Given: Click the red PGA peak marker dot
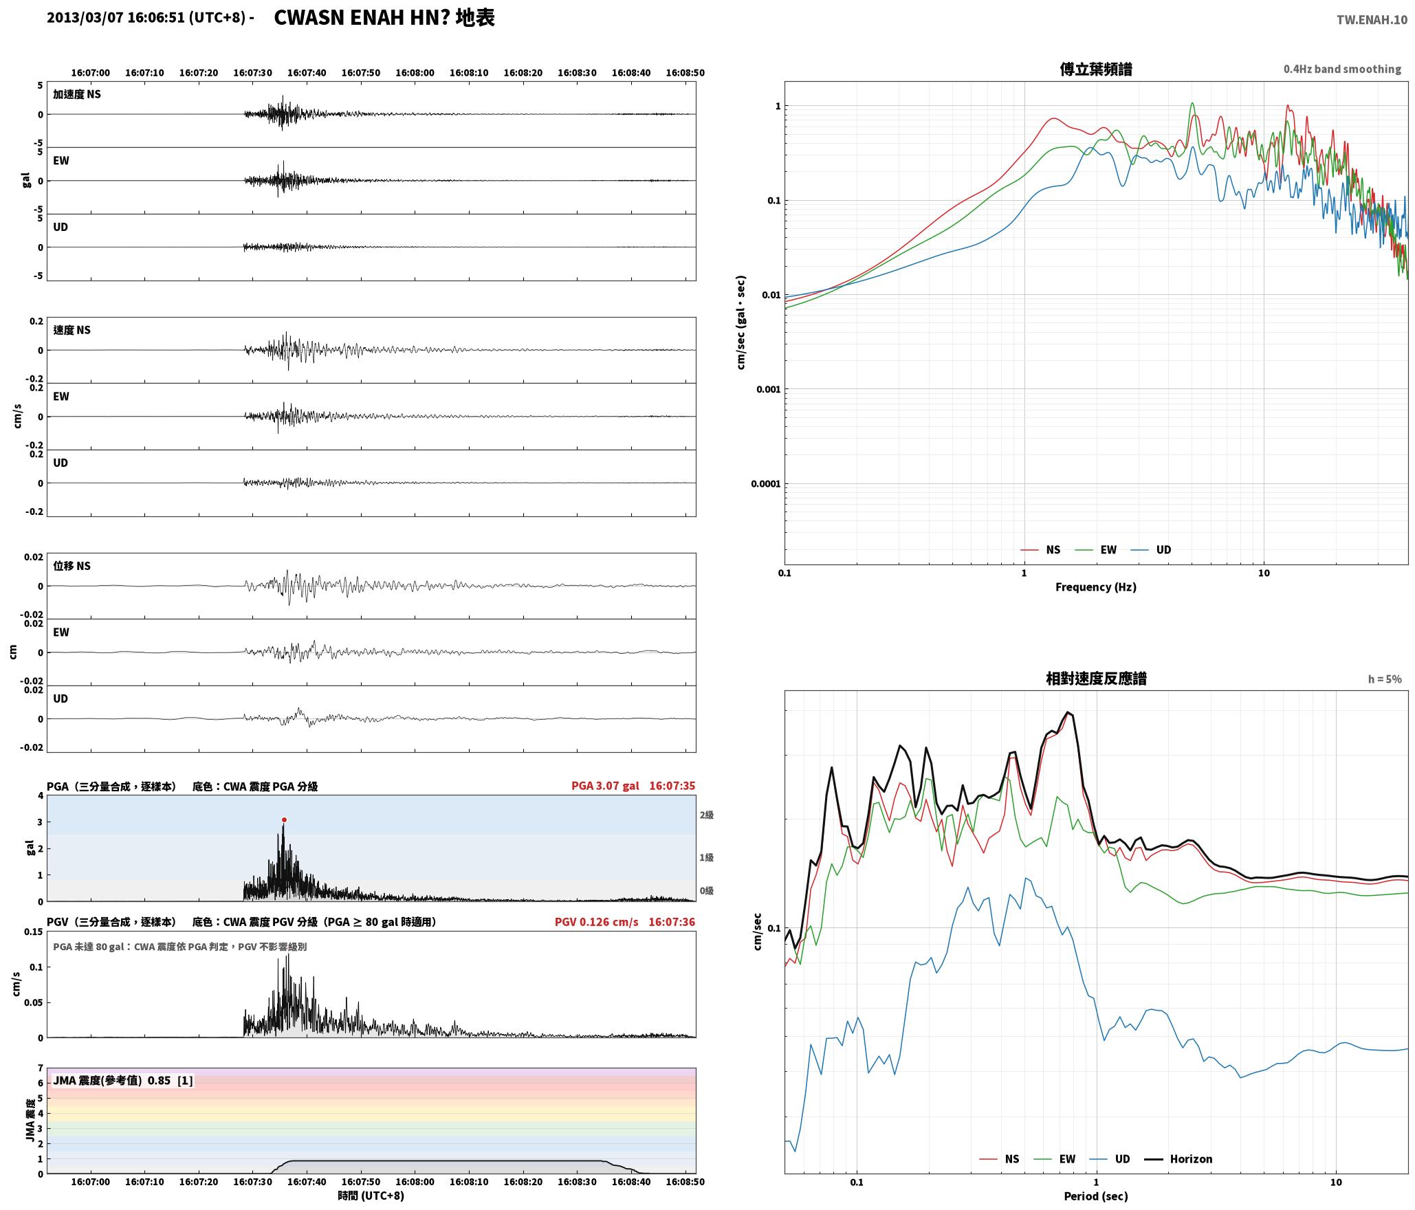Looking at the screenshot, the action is (x=284, y=819).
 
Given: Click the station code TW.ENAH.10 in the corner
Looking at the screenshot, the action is (x=1372, y=20).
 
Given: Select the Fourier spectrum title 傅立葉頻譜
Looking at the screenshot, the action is (x=1096, y=69).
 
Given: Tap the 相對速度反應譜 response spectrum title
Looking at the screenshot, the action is (x=1096, y=679).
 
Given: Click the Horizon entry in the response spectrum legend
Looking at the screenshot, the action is (x=1191, y=1158).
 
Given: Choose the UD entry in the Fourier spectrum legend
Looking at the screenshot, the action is (x=1163, y=549).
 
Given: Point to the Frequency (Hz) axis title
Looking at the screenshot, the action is (x=1096, y=586).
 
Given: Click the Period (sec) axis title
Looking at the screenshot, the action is (x=1096, y=1196).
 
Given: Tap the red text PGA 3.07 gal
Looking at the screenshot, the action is (x=605, y=786).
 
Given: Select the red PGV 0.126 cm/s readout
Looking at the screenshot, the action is (x=596, y=922).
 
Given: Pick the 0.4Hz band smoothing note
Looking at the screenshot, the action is (x=1342, y=69).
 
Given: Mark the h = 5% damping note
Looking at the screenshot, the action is (x=1385, y=679).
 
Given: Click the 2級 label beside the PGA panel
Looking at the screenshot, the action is (x=707, y=815).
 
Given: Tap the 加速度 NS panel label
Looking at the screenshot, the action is (x=77, y=94).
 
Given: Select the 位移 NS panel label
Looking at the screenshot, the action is (x=72, y=566).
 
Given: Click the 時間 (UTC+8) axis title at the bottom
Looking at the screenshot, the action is (x=371, y=1196).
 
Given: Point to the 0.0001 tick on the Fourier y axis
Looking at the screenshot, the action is (x=765, y=483).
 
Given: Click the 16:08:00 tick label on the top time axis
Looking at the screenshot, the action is (x=415, y=73).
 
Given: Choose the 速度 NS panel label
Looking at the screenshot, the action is (x=72, y=330).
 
